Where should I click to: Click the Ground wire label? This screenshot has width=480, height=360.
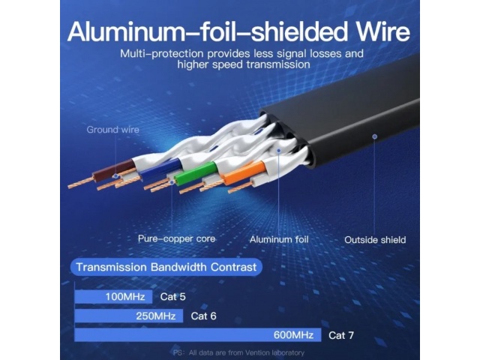click(x=112, y=130)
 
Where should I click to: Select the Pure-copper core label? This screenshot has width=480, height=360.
click(x=176, y=238)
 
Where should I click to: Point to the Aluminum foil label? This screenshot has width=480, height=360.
click(x=278, y=239)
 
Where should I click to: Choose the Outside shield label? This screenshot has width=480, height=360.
click(x=375, y=240)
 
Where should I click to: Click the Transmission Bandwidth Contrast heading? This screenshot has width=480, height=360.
click(x=166, y=266)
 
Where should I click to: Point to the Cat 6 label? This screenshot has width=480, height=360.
click(x=203, y=316)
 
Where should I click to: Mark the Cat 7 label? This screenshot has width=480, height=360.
click(x=340, y=334)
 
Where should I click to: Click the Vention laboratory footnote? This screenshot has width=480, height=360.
click(x=238, y=352)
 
